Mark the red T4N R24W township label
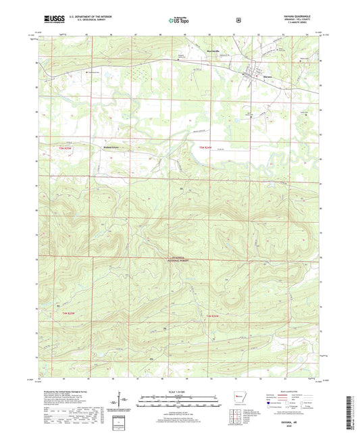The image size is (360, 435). click(213, 315)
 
